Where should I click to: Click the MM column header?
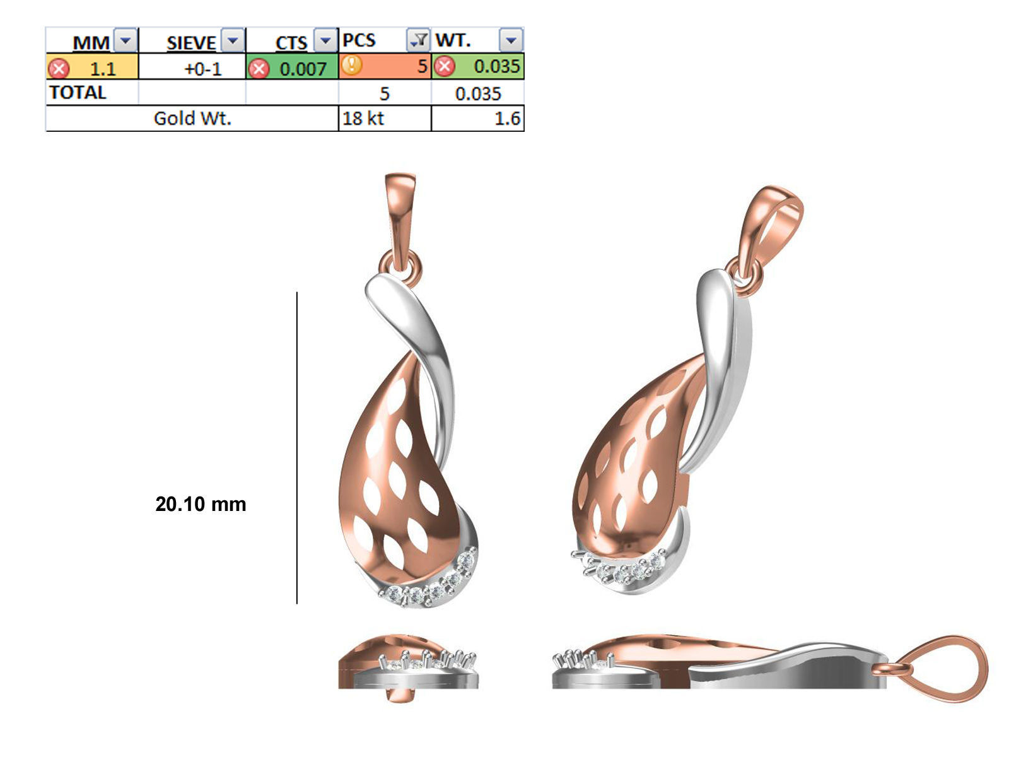(x=91, y=42)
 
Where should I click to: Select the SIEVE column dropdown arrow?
(x=233, y=41)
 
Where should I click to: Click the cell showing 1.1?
(x=102, y=67)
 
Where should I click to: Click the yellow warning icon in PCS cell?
(x=352, y=65)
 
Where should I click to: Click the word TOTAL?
(x=78, y=93)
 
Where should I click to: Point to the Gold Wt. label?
(x=192, y=118)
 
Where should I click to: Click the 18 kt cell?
(x=363, y=118)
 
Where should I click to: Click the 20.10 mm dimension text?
(x=201, y=503)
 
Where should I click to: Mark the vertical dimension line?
(x=297, y=448)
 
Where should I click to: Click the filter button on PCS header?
(x=417, y=41)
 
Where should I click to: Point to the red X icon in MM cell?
(x=58, y=67)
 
